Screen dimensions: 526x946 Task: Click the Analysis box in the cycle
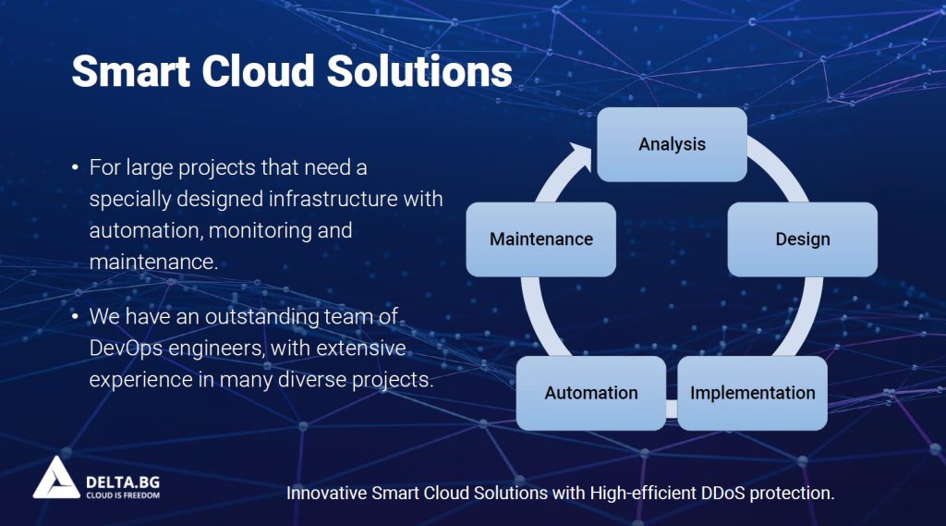(x=672, y=144)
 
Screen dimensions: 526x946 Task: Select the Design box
(x=802, y=239)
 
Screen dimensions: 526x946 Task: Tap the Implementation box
(x=752, y=393)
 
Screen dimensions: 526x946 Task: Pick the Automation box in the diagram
(x=590, y=393)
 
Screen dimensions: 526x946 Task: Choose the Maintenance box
(x=540, y=239)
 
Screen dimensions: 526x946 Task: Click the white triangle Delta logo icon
(x=56, y=478)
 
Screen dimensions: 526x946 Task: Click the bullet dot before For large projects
(x=76, y=169)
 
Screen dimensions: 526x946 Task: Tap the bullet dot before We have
(x=76, y=318)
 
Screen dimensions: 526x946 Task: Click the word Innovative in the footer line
(x=326, y=493)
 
